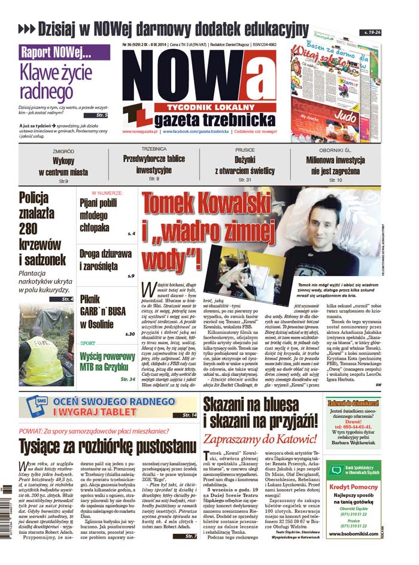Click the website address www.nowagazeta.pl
(x=140, y=130)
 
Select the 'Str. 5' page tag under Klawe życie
(x=101, y=115)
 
